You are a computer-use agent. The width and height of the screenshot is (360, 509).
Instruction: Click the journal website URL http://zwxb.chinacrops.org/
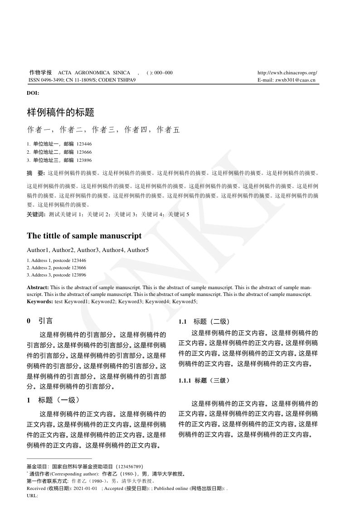coord(287,73)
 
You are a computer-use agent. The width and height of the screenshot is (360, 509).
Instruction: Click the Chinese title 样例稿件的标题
coord(60,111)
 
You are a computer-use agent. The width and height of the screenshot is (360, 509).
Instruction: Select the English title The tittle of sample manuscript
coord(84,236)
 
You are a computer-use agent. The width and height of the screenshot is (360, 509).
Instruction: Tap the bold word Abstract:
coord(38,288)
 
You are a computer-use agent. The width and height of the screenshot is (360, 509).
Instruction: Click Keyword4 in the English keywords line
coord(157,301)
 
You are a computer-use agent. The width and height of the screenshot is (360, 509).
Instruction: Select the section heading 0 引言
coord(40,321)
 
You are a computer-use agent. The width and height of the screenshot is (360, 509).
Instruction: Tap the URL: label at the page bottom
coord(32,496)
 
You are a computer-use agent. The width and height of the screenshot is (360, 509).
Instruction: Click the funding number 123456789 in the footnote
coord(130,466)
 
